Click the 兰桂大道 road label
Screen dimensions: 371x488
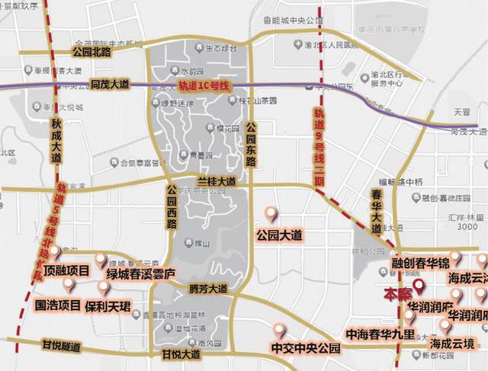click(x=216, y=182)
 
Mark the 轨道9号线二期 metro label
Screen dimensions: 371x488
click(x=319, y=151)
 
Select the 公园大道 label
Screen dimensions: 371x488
click(x=280, y=234)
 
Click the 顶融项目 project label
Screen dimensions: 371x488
click(x=67, y=270)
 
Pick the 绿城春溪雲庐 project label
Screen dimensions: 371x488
click(x=141, y=273)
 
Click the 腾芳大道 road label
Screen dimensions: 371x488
click(x=207, y=289)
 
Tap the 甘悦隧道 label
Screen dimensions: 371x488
click(x=61, y=345)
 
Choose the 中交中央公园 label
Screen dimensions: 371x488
click(x=304, y=349)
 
